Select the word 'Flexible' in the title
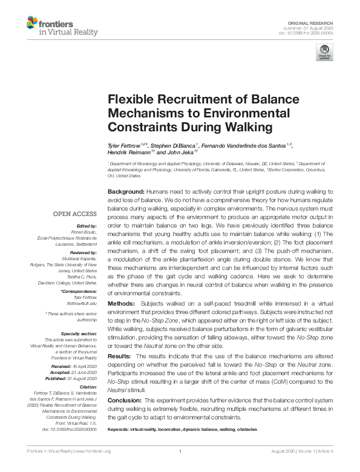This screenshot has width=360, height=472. pos(129,100)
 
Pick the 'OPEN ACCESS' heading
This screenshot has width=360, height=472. pos(75,214)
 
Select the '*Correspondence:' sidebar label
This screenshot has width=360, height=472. pos(79,292)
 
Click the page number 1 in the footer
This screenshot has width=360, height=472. pos(180,451)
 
